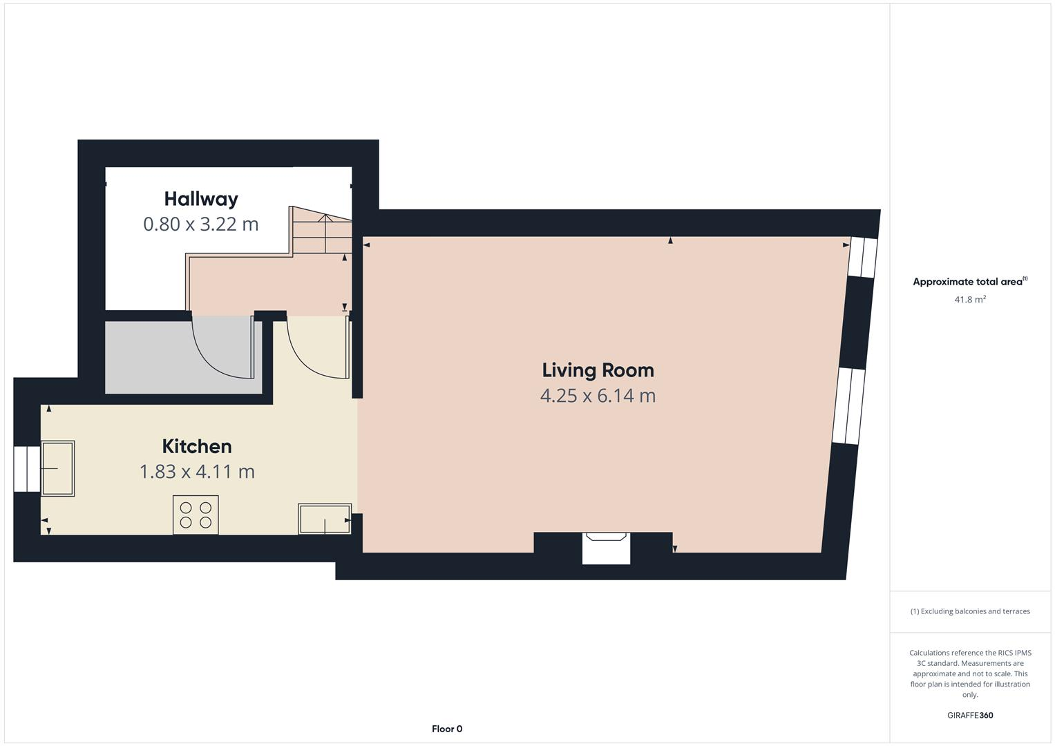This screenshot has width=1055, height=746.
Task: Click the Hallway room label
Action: tap(201, 199)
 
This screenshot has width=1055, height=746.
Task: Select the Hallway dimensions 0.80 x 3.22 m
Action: tap(201, 224)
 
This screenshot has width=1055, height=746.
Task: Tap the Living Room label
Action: tap(598, 370)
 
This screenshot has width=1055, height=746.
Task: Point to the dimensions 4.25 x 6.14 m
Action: tap(598, 396)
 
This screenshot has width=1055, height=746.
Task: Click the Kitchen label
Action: tap(197, 446)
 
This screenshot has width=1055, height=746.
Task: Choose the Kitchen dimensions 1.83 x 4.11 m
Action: tap(197, 472)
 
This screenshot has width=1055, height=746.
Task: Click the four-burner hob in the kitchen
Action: tap(196, 515)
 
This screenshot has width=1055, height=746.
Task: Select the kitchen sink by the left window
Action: tap(58, 468)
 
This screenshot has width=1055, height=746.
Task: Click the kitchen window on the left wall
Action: tap(28, 469)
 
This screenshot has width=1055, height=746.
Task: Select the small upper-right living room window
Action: tap(862, 257)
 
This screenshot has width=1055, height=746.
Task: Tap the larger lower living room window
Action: tap(848, 405)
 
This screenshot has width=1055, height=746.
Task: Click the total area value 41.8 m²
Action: tap(969, 300)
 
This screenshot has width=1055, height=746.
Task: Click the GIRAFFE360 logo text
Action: tap(969, 715)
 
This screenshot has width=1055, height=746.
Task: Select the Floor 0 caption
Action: tap(447, 729)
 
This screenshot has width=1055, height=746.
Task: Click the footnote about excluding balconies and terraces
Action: tap(969, 611)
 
